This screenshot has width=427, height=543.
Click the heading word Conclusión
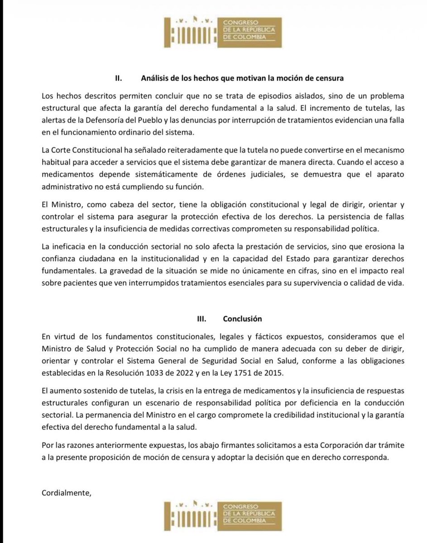tap(242, 319)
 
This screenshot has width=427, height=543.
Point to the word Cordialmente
tap(66, 492)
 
